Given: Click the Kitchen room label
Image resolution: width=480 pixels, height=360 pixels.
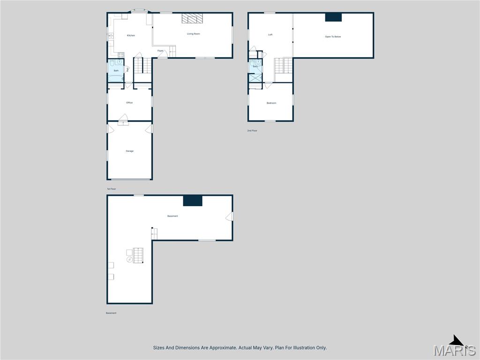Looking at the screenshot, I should coord(131,36).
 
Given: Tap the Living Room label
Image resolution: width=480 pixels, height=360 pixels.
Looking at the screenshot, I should coord(194,34).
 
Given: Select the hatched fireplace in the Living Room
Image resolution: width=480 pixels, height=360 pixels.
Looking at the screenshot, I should coord(192,18).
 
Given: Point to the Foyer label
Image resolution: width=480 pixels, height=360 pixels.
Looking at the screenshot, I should coord(160,51).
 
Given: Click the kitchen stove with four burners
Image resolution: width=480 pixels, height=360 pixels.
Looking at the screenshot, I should coord(120,55).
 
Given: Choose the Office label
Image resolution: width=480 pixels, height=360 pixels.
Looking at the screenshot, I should coord(129,103).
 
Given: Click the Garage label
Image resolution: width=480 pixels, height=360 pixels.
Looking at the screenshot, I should coord(129,151).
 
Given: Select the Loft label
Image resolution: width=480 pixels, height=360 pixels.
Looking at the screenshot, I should coord(270,35).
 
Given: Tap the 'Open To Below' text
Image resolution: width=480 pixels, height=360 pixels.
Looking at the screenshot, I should coord(333,37).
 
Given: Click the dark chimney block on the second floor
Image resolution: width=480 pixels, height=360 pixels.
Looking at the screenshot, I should coord(333,17).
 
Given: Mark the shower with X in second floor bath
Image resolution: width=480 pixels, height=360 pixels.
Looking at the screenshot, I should coord(256,77).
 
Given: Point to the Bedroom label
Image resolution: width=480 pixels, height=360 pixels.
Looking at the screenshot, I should coord(271,103).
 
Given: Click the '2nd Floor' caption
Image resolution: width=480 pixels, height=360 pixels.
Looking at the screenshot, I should coord(252,131).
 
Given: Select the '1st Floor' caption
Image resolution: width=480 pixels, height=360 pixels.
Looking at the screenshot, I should coord(111,189).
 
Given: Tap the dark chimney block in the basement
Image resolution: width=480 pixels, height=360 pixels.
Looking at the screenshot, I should coord(192,201).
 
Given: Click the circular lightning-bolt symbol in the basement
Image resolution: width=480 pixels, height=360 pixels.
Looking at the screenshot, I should coord(129,259).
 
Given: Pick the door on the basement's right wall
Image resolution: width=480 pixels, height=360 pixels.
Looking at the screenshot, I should coord(229,216).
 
